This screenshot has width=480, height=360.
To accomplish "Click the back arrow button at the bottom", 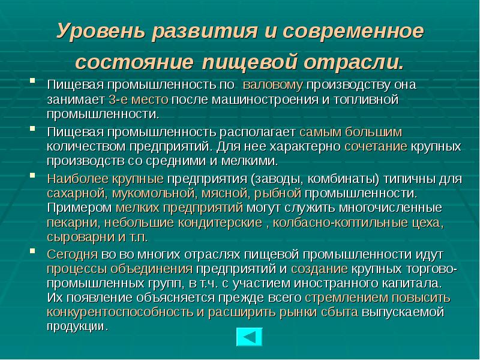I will [x=249, y=338].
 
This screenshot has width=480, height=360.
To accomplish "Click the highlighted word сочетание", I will [x=376, y=146].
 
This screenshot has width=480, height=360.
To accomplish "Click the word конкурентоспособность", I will [x=119, y=312].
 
